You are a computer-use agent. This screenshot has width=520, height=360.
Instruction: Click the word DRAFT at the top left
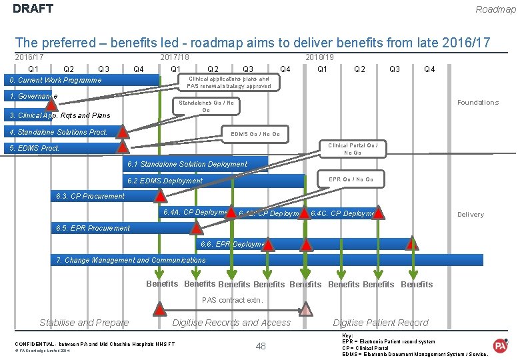point(33,9)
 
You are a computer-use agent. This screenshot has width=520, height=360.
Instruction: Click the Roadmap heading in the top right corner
point(495,9)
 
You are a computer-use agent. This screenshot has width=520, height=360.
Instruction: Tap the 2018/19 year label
point(319,57)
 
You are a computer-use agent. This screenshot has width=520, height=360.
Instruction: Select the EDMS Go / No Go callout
point(255,134)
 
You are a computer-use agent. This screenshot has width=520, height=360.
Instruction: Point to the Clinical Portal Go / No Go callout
point(353,149)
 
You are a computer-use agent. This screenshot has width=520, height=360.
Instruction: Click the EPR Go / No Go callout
point(351,179)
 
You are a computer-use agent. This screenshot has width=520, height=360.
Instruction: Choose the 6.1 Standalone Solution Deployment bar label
point(187,164)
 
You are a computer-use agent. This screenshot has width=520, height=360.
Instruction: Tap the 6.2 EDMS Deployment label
point(165,181)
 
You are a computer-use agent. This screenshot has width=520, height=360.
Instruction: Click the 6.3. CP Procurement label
point(90,196)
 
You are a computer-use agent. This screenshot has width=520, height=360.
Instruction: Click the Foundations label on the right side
point(477,103)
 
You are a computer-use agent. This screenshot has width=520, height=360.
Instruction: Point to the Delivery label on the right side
point(470,215)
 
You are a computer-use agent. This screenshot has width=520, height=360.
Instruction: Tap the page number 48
point(261,345)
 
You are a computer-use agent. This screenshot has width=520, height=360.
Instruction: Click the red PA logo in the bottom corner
point(500,345)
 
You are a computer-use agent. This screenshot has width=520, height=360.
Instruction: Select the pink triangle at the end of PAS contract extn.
point(305,309)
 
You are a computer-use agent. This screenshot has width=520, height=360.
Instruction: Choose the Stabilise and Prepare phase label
point(84,323)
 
